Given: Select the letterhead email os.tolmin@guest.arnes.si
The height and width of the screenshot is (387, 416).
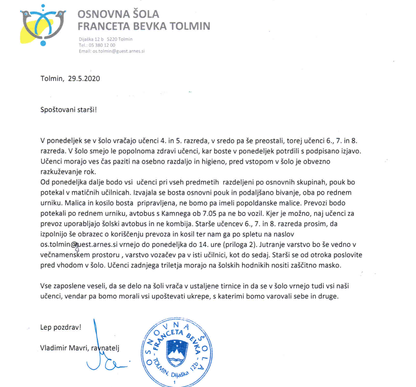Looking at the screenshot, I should click(119, 51).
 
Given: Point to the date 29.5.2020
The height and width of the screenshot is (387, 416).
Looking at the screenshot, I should click(84, 78).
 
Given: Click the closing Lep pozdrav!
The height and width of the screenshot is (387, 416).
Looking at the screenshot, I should click(60, 327).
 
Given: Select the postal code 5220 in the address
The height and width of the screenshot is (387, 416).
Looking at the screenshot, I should click(112, 39).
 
